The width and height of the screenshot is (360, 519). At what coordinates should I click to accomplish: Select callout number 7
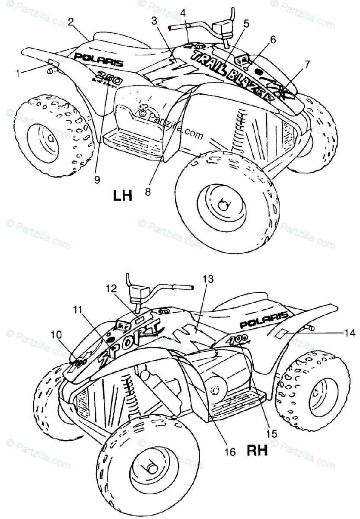pyautogui.click(x=307, y=64)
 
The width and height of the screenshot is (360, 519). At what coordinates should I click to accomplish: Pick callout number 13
pyautogui.click(x=208, y=280)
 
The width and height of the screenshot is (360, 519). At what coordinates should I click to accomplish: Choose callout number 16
pyautogui.click(x=230, y=452)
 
